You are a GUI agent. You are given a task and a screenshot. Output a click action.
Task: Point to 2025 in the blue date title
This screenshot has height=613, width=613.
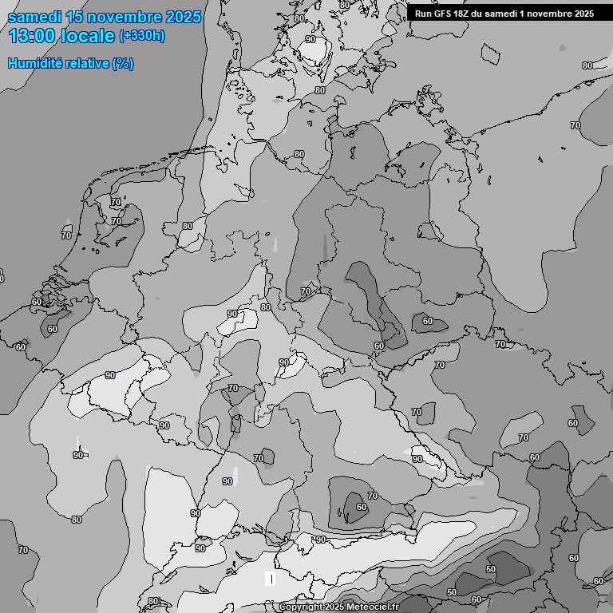(x=184, y=17)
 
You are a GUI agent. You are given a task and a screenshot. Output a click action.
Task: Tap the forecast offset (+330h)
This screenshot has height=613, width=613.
(x=142, y=36)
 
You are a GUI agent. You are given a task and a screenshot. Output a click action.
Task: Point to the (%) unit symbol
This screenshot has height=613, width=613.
(x=123, y=63)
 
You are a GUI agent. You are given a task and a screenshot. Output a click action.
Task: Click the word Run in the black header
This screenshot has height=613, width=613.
(x=423, y=14)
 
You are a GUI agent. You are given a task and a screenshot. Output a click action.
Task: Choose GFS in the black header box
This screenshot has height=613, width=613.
(x=442, y=14)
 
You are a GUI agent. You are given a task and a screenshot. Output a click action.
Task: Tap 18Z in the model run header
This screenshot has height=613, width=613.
(x=461, y=14)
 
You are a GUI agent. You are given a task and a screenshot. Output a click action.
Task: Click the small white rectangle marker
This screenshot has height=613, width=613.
(x=271, y=578)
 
